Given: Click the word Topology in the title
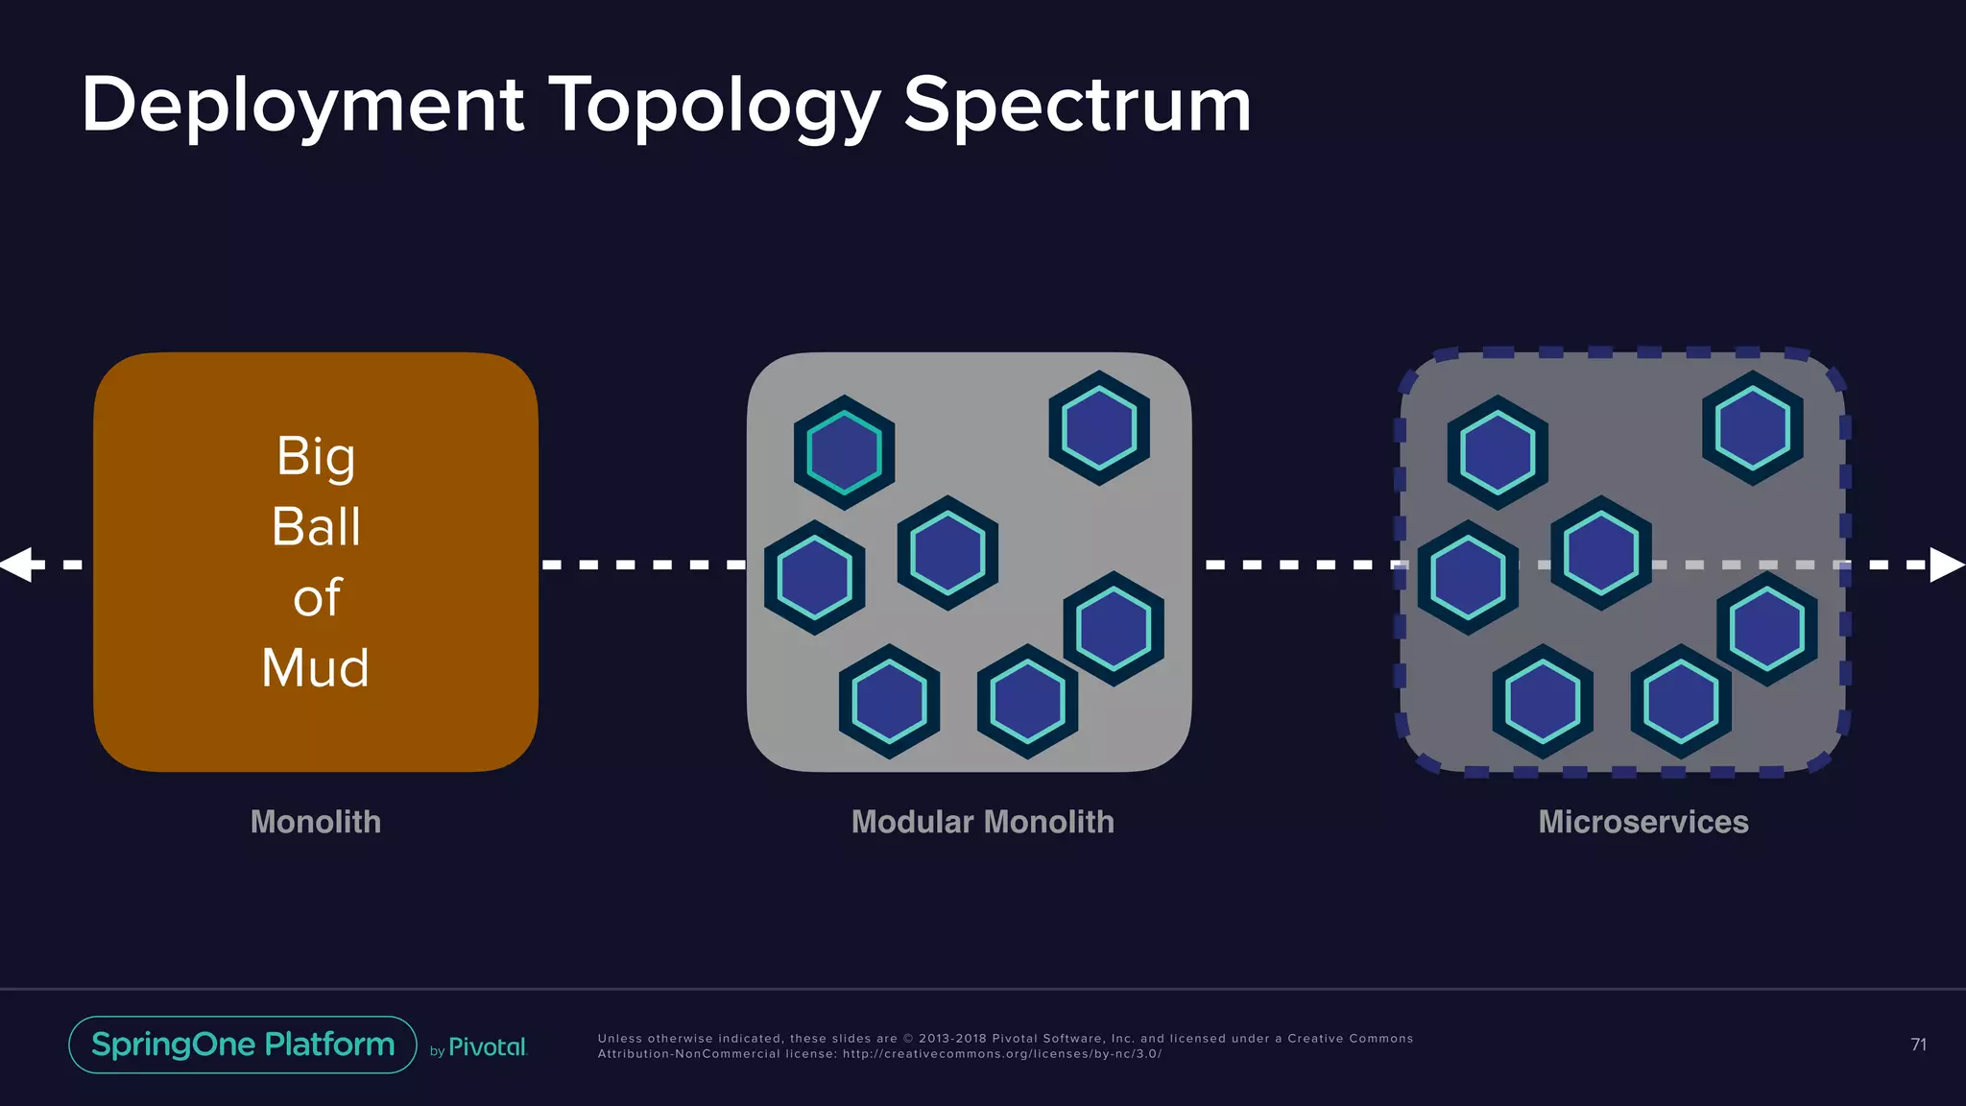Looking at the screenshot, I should click(714, 106).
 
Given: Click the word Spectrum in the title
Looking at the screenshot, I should click(1077, 106).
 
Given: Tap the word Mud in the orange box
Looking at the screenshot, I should click(315, 667).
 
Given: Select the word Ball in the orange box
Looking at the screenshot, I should click(316, 526).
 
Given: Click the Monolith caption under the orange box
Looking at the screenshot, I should click(316, 822).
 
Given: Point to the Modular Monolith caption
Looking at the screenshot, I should click(982, 822).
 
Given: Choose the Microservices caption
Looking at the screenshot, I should click(1642, 822).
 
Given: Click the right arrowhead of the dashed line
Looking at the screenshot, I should click(1947, 565).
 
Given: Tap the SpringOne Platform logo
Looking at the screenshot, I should click(243, 1045).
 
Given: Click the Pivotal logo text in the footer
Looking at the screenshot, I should click(488, 1047).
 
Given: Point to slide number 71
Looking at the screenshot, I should click(1918, 1045).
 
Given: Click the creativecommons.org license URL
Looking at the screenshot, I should click(1002, 1054).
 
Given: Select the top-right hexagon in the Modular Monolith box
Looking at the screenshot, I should click(1099, 428).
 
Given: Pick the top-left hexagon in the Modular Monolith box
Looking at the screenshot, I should click(844, 452).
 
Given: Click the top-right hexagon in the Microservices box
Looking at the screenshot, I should click(1752, 428).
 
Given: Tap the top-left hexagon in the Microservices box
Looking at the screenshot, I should click(1498, 452).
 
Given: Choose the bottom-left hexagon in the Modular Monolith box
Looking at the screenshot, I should click(889, 702).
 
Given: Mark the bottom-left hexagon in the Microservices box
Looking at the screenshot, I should click(1542, 702).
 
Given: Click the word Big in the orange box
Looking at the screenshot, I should click(316, 456).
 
